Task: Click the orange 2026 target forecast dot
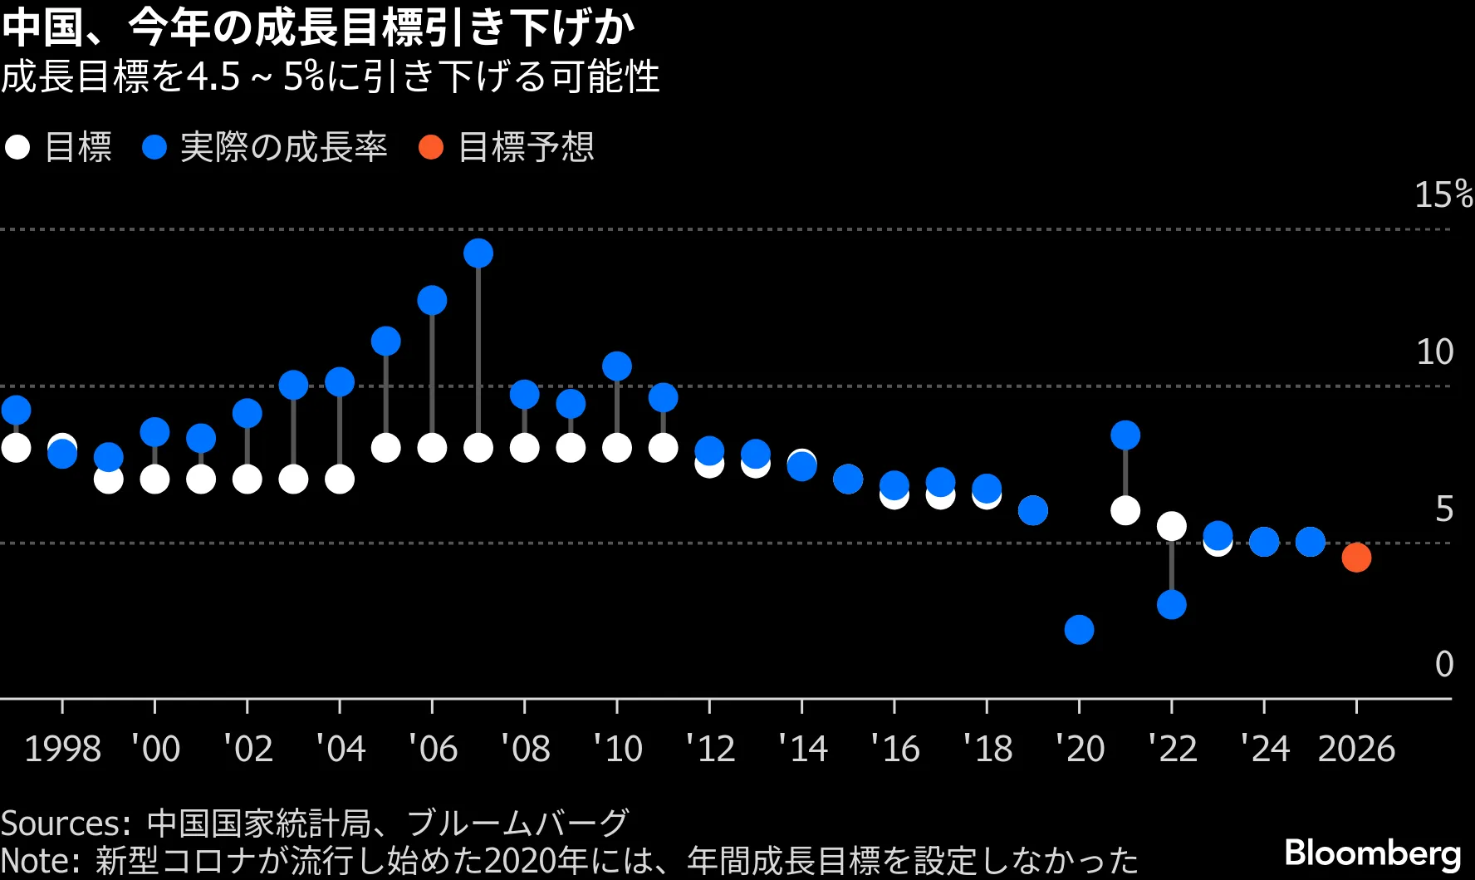1356,557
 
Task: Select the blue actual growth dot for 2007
478,253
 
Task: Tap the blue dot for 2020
1079,629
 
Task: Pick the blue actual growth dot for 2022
1171,604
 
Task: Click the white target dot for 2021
1125,509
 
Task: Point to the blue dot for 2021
1125,435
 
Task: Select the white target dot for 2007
478,448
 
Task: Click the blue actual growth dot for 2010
617,366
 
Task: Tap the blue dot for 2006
432,300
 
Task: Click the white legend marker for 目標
17,148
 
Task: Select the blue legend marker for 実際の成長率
154,148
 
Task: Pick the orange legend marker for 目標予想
431,148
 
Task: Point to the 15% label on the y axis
1443,195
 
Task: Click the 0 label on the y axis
1444,664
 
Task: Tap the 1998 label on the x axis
62,749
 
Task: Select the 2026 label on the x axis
1356,749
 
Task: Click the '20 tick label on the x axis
1080,749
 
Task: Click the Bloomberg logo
1373,853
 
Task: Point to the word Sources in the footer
62,823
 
